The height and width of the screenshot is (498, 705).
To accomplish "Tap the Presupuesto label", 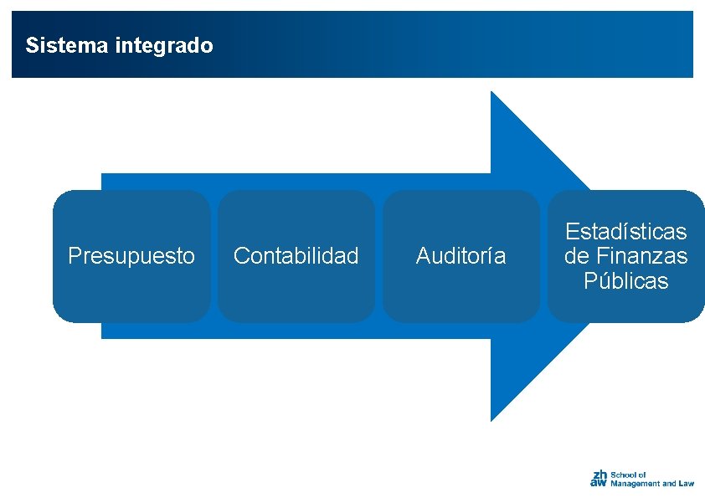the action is click(131, 256).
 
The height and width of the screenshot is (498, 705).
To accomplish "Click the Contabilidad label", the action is click(296, 256).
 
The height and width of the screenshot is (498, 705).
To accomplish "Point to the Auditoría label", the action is click(461, 256).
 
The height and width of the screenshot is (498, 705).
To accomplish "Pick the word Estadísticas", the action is click(625, 231).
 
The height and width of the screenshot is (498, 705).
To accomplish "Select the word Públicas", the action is click(626, 281).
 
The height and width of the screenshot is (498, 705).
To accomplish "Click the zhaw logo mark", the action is click(599, 478).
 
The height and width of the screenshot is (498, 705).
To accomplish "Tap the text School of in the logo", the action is click(628, 475).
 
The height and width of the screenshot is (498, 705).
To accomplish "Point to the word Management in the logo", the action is click(636, 484).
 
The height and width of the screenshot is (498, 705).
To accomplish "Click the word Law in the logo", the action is click(687, 484).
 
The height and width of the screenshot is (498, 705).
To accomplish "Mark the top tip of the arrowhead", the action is click(491, 92).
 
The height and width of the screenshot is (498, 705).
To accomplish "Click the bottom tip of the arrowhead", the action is click(491, 419).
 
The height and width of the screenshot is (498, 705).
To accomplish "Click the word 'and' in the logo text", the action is click(669, 484).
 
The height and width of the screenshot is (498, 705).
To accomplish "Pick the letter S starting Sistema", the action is click(31, 45).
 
